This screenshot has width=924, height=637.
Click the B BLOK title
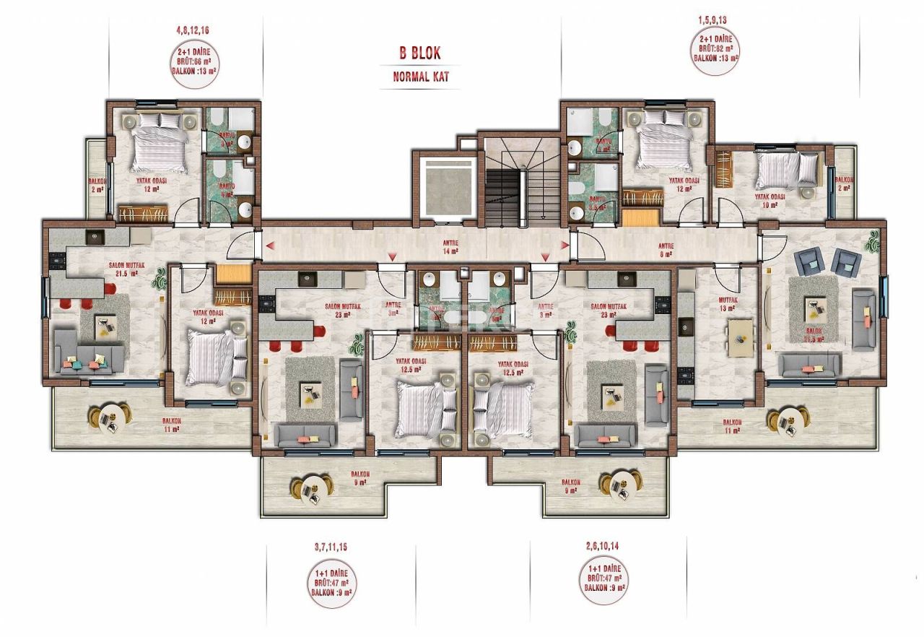(x=419, y=53)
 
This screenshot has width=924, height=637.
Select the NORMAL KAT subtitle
(x=421, y=77)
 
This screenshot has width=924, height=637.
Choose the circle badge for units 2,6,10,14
(x=603, y=576)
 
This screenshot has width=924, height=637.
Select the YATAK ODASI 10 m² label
(x=770, y=200)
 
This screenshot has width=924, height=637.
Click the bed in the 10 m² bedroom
(x=787, y=170)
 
